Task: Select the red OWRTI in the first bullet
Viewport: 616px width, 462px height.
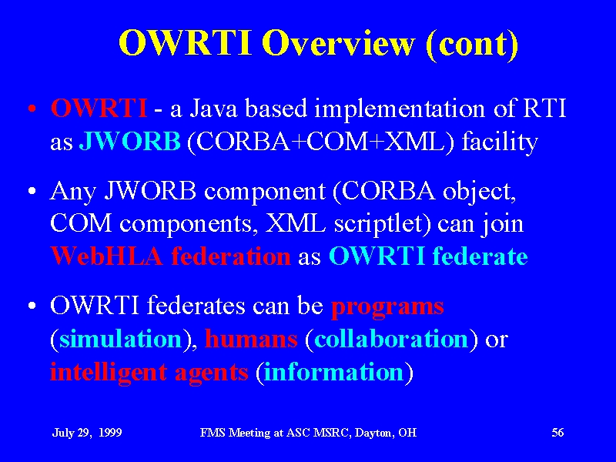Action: point(99,108)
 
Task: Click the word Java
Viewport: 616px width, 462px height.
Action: point(214,108)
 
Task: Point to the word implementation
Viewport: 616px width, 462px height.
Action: point(400,110)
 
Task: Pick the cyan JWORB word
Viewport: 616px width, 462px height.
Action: point(130,141)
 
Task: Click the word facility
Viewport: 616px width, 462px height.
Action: point(500,142)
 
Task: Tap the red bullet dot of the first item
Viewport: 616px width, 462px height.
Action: point(32,109)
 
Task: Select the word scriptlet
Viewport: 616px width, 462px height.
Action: point(382,225)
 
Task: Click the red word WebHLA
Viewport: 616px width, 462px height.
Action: point(106,256)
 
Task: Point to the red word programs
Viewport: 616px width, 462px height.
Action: point(388,307)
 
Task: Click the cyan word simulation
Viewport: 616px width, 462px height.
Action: point(121,338)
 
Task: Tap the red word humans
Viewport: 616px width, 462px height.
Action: point(251,338)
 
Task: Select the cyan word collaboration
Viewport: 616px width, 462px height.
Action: point(391,338)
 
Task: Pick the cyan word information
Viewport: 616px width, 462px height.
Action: point(333,371)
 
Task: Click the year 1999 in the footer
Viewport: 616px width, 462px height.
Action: point(110,433)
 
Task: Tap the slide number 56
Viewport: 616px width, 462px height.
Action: point(557,433)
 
